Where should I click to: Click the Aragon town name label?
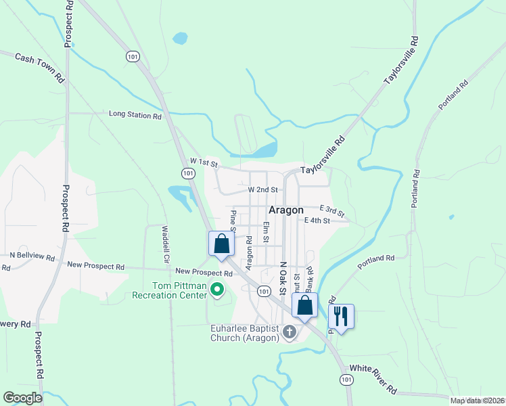[x=286, y=210]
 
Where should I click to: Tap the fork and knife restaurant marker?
[x=341, y=316]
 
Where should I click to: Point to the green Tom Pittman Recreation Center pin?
[x=217, y=290]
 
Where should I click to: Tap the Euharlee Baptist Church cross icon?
[x=290, y=332]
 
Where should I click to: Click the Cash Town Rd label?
[x=40, y=67]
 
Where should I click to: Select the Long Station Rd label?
[x=135, y=115]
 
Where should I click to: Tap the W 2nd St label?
[x=263, y=190]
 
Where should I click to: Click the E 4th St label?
[x=317, y=221]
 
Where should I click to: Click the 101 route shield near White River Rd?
[x=346, y=380]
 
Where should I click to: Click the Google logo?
[x=22, y=397]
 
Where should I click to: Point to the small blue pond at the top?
[x=180, y=38]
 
